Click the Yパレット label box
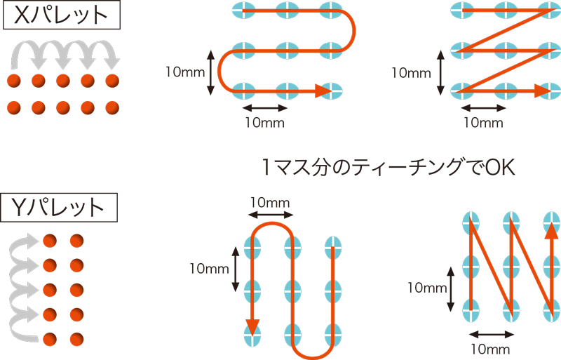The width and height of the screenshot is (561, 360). click(x=60, y=206)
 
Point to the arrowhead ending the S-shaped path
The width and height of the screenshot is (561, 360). click(x=323, y=91)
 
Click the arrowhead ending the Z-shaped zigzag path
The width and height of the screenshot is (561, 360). click(x=543, y=91)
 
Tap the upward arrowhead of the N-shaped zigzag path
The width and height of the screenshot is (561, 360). click(x=552, y=232)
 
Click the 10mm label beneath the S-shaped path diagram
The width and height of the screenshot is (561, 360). click(x=265, y=121)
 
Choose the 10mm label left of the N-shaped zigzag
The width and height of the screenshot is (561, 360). click(x=427, y=287)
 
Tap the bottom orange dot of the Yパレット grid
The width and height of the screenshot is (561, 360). click(x=49, y=340)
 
